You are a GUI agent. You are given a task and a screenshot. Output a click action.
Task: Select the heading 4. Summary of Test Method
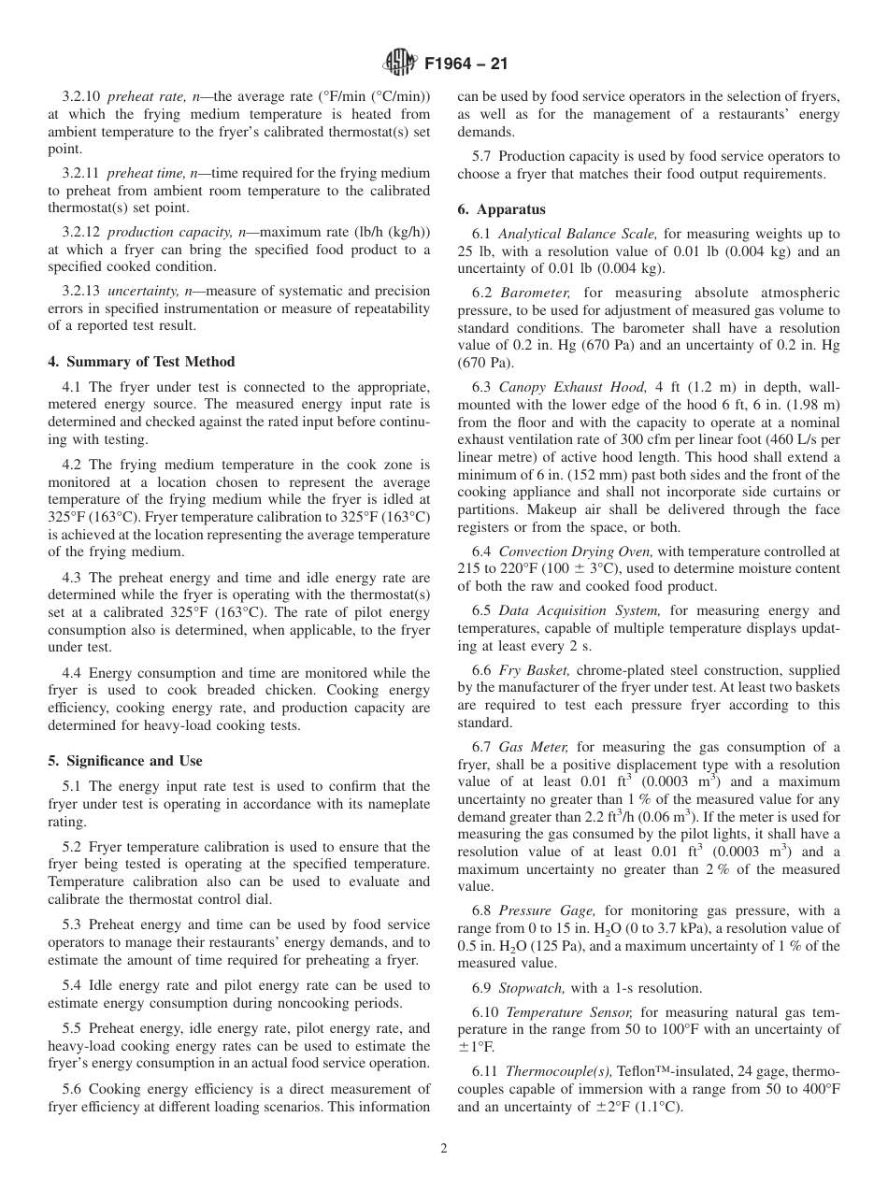(x=141, y=362)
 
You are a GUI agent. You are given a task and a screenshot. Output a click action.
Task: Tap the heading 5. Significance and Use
(x=125, y=761)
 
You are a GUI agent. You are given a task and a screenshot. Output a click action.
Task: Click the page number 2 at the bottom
(x=444, y=1149)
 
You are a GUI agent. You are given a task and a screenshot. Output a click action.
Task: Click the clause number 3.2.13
(x=82, y=291)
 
